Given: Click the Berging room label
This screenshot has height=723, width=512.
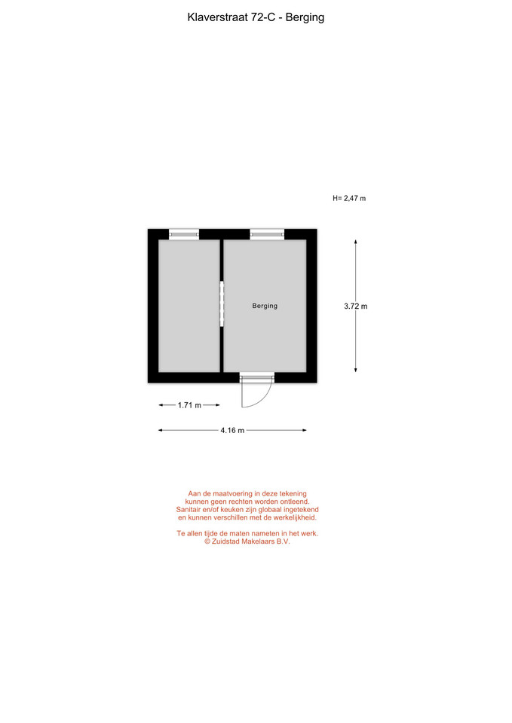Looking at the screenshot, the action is coord(265,306).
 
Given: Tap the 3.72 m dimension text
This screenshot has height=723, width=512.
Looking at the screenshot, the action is coord(355,307).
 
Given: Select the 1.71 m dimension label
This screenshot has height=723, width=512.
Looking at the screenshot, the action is coord(189,405).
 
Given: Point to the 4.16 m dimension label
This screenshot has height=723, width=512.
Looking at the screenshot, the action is coord(232,430).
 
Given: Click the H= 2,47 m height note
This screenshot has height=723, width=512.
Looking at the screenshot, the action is coord(349,198).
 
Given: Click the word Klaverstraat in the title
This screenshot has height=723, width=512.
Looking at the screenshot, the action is coord(218,17).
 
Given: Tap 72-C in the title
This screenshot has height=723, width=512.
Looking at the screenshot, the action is coord(263,17).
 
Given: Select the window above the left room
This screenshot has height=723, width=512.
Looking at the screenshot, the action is coord(184,234).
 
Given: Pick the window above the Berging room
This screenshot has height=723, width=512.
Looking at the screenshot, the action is coord(267,234).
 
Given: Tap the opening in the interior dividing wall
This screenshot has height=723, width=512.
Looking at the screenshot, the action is coord(222,304).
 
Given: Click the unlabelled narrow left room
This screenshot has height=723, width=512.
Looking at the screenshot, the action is coord(189,306).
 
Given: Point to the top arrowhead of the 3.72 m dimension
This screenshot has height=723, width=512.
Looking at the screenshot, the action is coord(355,241).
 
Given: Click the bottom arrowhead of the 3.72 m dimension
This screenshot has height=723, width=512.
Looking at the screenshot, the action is coord(355,370).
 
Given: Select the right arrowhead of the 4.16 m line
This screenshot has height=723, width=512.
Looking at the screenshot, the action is coord(305,430).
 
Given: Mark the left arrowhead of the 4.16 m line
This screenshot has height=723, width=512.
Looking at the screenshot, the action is coord(160,430).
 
